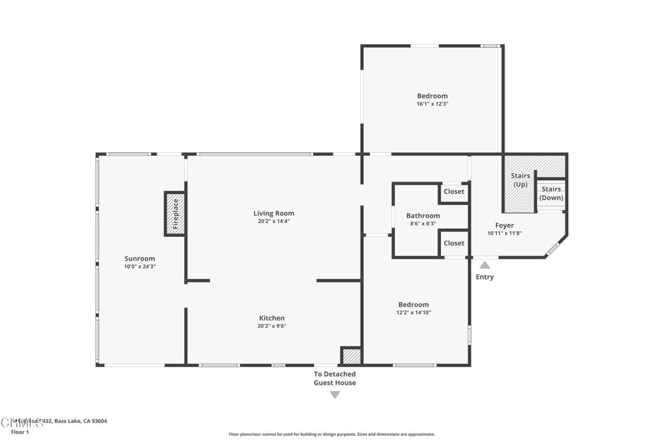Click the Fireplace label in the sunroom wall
[175, 213]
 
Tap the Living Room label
[274, 213]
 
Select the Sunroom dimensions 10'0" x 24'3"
[140, 267]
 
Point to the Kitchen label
[272, 318]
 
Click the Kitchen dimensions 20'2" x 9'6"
[272, 326]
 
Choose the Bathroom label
[423, 215]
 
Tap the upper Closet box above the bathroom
[454, 192]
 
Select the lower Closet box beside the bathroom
[454, 243]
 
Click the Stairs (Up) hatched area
[520, 184]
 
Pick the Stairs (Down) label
[551, 193]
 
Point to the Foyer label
[504, 225]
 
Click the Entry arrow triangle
[484, 265]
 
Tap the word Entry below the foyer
[484, 277]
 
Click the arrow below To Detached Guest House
[335, 394]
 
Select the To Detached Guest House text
[335, 378]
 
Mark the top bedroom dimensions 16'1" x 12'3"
[432, 104]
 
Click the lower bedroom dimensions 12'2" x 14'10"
[414, 313]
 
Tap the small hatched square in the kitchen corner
[351, 356]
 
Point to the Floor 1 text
[20, 432]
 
